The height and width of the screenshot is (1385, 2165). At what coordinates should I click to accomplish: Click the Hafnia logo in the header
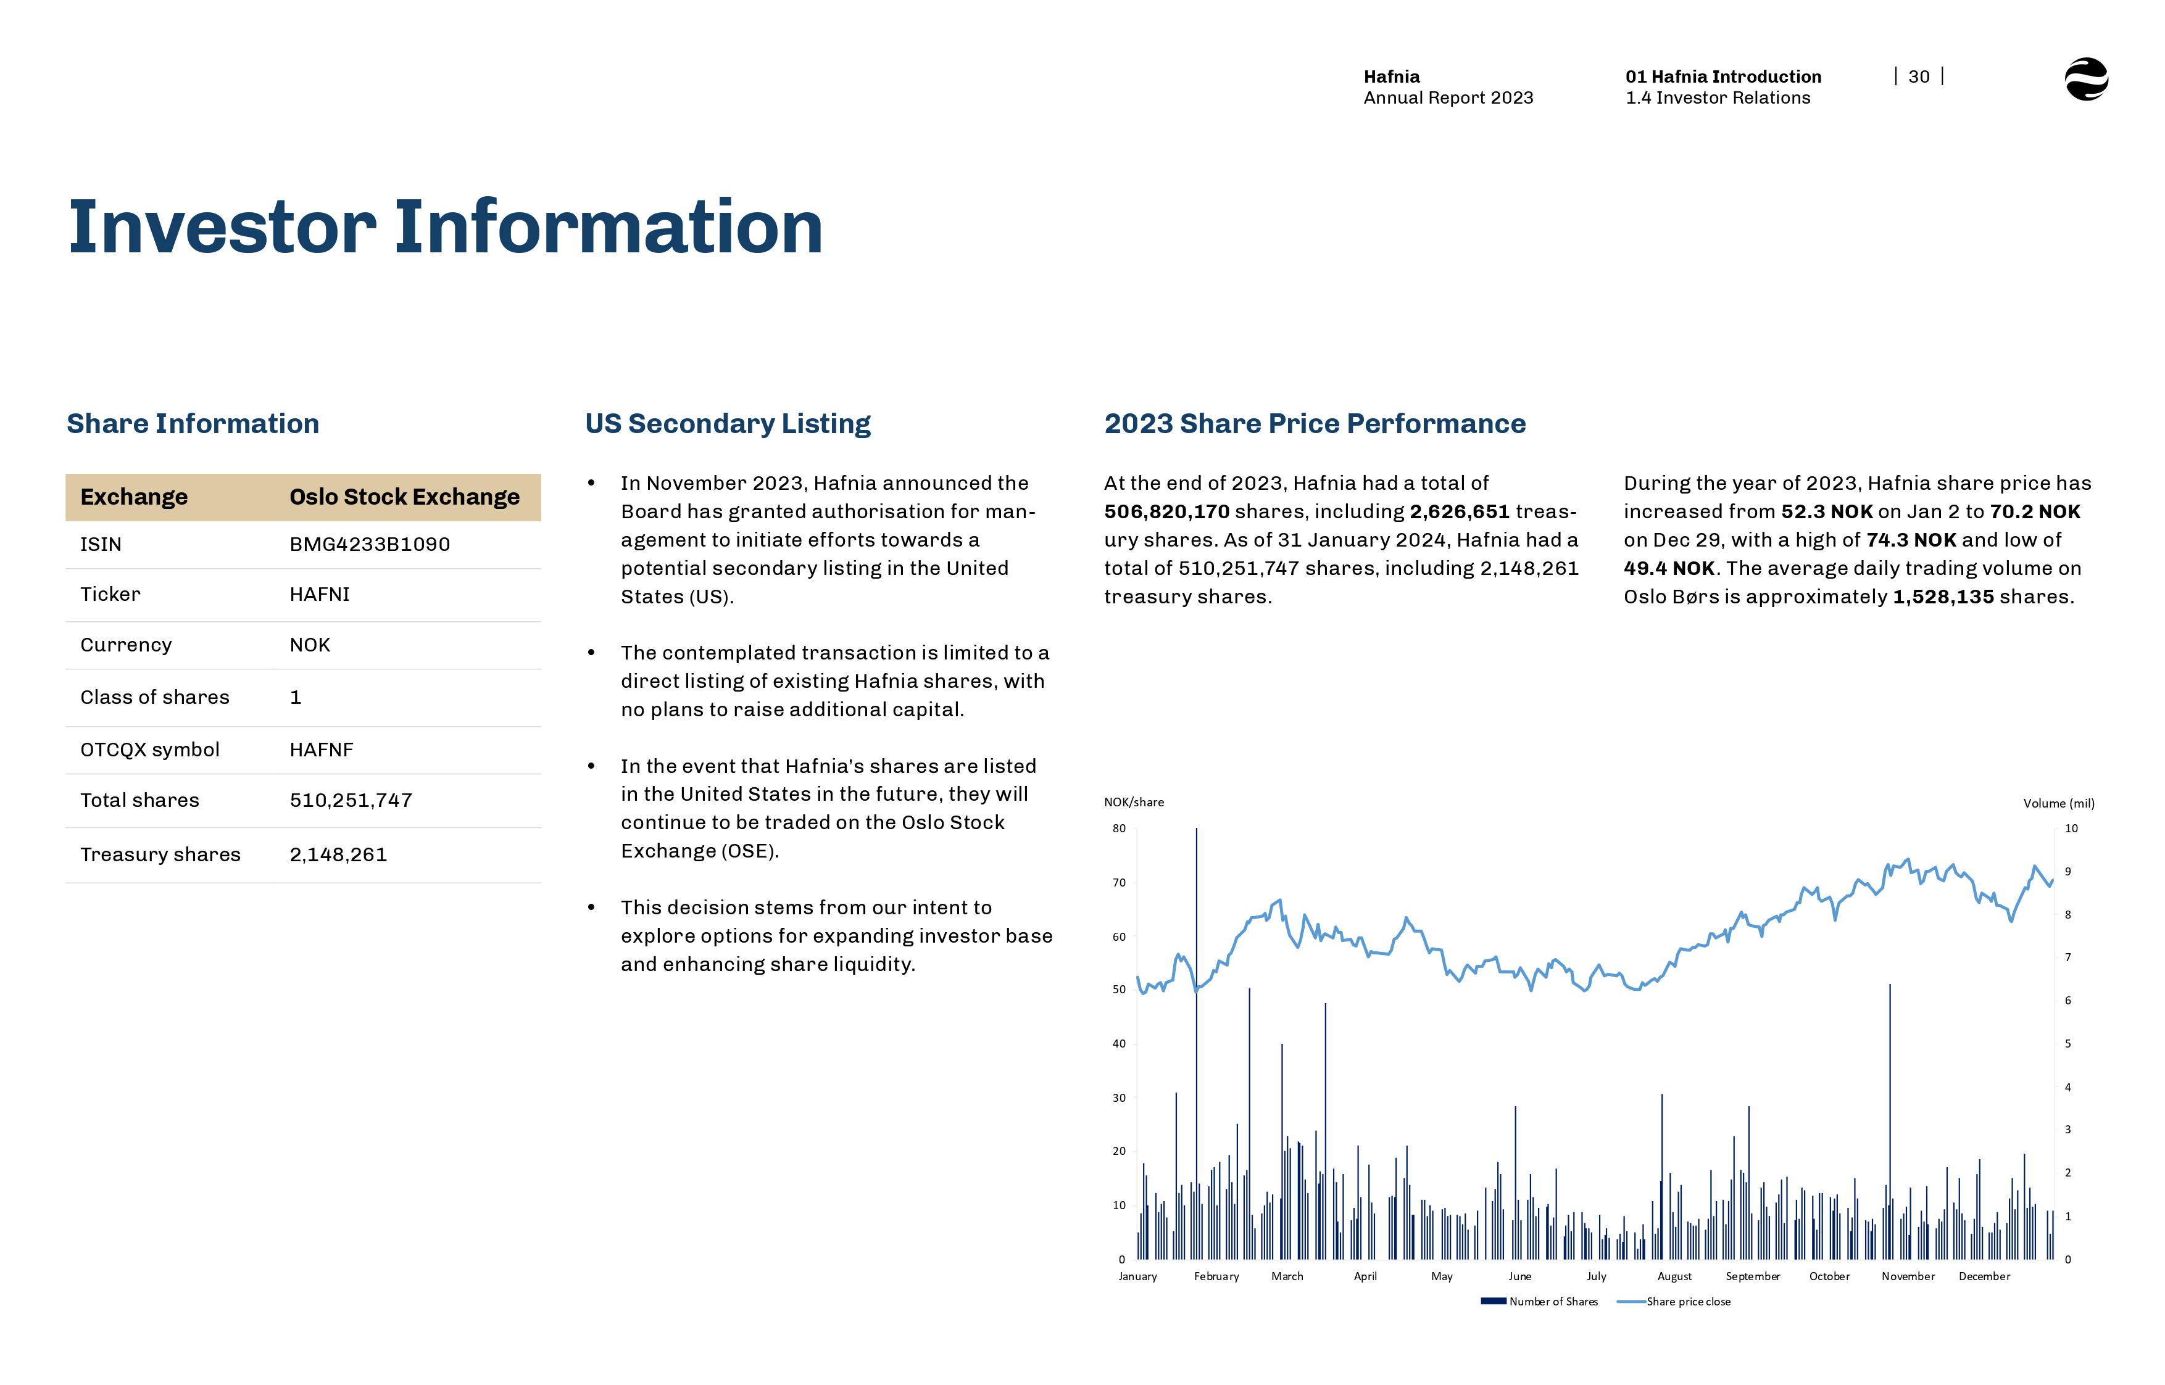click(x=2086, y=79)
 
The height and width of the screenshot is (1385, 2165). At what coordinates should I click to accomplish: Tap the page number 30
click(x=1919, y=77)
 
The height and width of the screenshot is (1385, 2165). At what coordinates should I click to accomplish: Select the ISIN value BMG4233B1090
click(x=369, y=544)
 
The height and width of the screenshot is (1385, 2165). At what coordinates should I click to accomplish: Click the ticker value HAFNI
click(x=319, y=595)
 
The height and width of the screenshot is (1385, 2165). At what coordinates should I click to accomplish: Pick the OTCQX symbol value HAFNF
click(x=321, y=750)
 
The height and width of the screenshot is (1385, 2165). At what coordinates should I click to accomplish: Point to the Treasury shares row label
click(x=160, y=854)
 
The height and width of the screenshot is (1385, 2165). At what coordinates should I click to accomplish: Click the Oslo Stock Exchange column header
click(x=404, y=497)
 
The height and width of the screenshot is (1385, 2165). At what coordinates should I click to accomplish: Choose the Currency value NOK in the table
click(x=309, y=645)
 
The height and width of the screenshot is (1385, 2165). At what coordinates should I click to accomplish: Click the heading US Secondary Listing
click(x=728, y=424)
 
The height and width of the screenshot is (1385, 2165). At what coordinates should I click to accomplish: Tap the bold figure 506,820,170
click(x=1166, y=511)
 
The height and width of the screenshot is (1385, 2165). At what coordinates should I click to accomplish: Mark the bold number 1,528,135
click(x=1943, y=597)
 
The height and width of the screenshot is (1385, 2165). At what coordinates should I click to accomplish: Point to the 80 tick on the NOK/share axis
click(x=1118, y=829)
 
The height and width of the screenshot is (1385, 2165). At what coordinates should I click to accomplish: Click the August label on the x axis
click(x=1674, y=1276)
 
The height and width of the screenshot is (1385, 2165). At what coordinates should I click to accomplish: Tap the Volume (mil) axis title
click(x=2058, y=803)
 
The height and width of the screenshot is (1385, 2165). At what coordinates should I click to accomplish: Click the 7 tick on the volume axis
click(x=2067, y=957)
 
